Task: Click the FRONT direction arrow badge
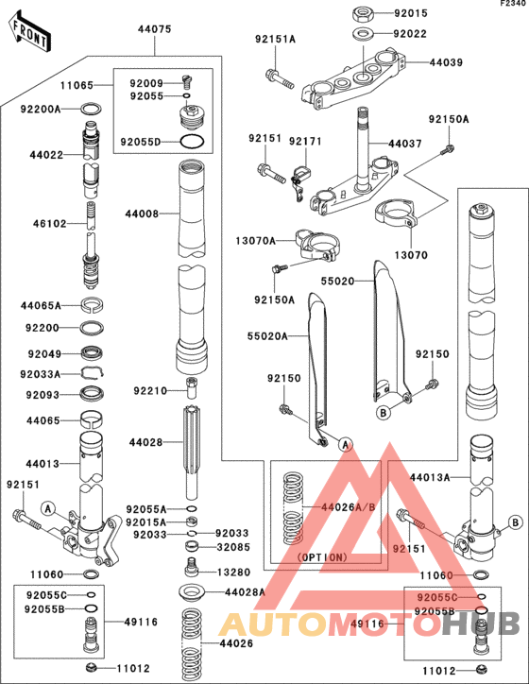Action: (29, 34)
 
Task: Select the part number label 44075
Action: (154, 29)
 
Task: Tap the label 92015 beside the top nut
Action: (411, 13)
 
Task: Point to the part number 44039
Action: (446, 62)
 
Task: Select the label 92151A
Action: (275, 39)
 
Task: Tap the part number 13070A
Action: (257, 241)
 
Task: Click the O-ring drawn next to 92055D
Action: (192, 143)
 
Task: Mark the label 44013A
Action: (430, 477)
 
